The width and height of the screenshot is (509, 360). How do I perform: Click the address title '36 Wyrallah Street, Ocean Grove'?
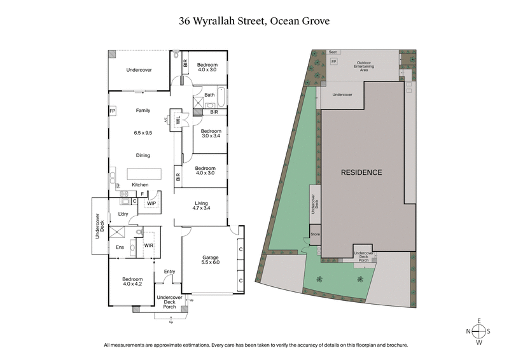(254, 21)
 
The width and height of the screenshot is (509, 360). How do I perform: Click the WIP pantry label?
(151, 204)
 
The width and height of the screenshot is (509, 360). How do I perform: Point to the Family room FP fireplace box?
(113, 111)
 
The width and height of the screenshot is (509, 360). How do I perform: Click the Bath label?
(209, 95)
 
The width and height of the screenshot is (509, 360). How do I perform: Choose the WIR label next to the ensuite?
(149, 245)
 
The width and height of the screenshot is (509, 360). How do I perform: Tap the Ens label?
(119, 247)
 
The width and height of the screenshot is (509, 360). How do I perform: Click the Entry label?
(169, 272)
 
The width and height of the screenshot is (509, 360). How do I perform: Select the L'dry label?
(123, 214)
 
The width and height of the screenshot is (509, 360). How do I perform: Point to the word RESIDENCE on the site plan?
(361, 172)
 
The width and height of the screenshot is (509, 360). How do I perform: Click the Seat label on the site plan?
(333, 52)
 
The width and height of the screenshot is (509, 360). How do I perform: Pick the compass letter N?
(468, 331)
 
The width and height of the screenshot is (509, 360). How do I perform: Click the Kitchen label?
(140, 185)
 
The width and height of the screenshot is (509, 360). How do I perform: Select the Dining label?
(143, 155)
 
